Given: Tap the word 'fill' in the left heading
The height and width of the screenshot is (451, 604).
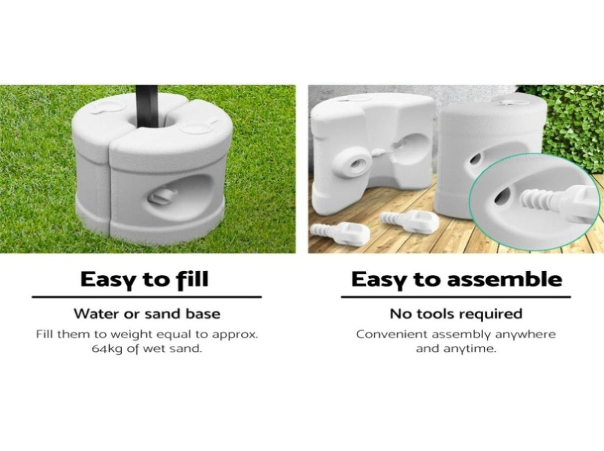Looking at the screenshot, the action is (193, 279).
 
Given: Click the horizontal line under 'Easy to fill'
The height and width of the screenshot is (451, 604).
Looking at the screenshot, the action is (146, 297).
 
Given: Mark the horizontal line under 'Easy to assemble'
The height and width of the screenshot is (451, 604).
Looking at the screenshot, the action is (456, 297).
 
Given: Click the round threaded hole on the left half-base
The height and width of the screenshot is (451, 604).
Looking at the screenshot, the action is (356, 165).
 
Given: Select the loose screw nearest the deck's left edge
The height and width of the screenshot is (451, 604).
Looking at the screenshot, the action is (340, 233).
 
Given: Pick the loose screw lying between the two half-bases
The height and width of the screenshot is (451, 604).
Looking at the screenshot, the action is (409, 220).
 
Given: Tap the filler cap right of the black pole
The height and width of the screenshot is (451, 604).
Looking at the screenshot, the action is (193, 127).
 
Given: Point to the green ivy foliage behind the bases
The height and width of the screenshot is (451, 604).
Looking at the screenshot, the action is (573, 124).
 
